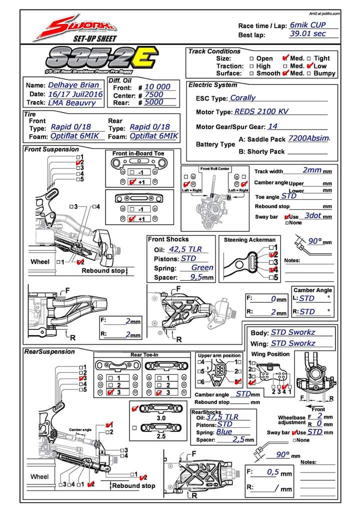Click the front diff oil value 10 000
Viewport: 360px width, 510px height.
[x=157, y=87]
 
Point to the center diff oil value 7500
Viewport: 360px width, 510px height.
[x=153, y=95]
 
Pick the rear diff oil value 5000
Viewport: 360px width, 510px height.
[x=153, y=102]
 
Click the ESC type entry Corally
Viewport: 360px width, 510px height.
[x=242, y=98]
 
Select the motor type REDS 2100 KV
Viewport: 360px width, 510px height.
[x=268, y=112]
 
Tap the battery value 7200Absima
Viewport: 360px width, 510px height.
[x=309, y=138]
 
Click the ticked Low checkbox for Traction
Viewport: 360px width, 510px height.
[x=310, y=66]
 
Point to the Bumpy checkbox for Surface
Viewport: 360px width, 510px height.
[x=309, y=73]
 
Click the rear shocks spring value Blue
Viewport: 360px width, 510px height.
[x=224, y=432]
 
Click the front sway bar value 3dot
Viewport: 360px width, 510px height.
[x=313, y=215]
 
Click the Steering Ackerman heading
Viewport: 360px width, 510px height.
[x=249, y=240]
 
